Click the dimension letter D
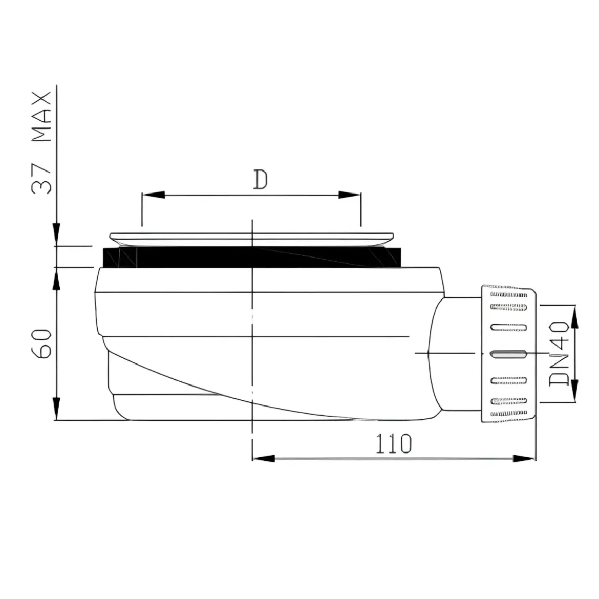tap(261, 180)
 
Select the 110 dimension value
tap(394, 443)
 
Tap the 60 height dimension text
tap(41, 344)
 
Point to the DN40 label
tap(559, 353)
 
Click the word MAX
tap(41, 117)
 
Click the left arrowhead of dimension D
tap(153, 195)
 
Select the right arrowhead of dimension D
tap(350, 195)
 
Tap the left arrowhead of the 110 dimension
tap(264, 458)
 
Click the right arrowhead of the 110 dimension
tap(524, 458)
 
